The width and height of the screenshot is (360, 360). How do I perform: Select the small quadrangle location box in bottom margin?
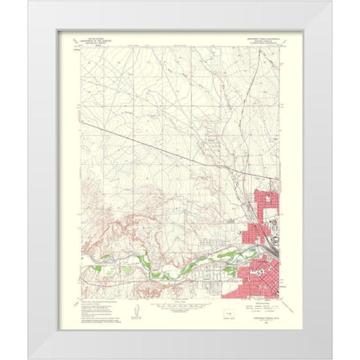coord(229,307)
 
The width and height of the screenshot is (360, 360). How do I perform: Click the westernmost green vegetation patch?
coord(106,258)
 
